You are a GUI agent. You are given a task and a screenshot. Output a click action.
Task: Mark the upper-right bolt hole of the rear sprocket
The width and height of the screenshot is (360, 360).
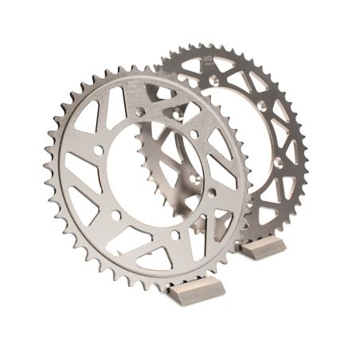(x=262, y=104)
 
